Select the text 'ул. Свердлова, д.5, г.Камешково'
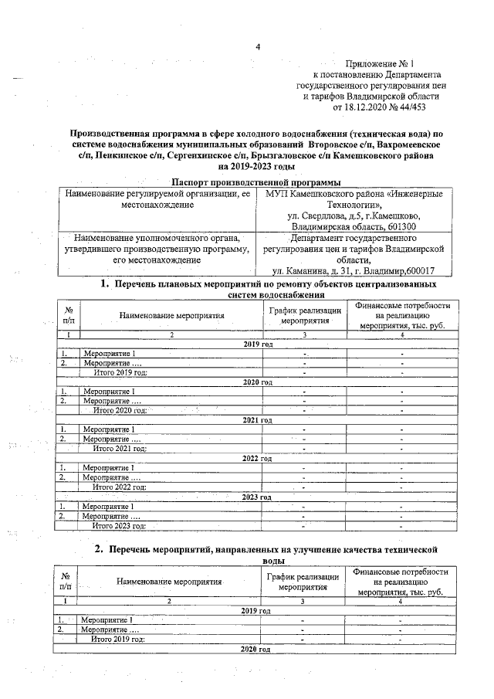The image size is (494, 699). pyautogui.click(x=354, y=216)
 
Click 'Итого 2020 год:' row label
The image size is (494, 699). pyautogui.click(x=120, y=410)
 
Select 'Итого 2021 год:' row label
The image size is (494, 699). pyautogui.click(x=120, y=448)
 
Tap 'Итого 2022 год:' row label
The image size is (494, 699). pyautogui.click(x=120, y=487)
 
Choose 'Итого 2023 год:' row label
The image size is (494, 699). pyautogui.click(x=120, y=525)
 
